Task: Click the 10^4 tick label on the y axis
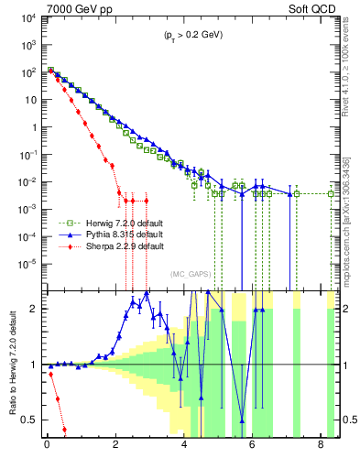[28, 18]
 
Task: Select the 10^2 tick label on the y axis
[28, 71]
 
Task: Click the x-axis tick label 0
[47, 449]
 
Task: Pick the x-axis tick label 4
[184, 449]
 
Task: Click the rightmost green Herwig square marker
[331, 193]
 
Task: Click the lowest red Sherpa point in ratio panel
[64, 429]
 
